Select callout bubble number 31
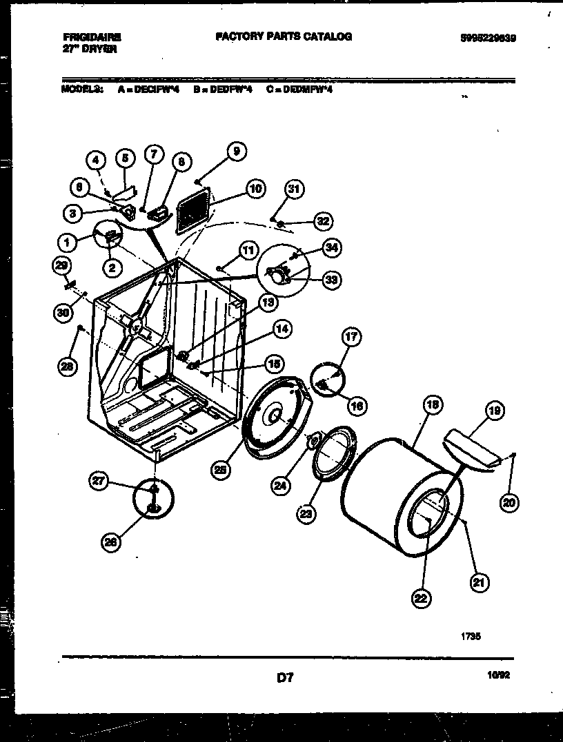coord(295,189)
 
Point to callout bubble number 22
coord(419,598)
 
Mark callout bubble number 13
coord(268,302)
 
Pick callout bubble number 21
coord(478,584)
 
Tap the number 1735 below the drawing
coord(471,637)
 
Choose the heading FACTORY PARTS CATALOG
coord(283,37)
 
